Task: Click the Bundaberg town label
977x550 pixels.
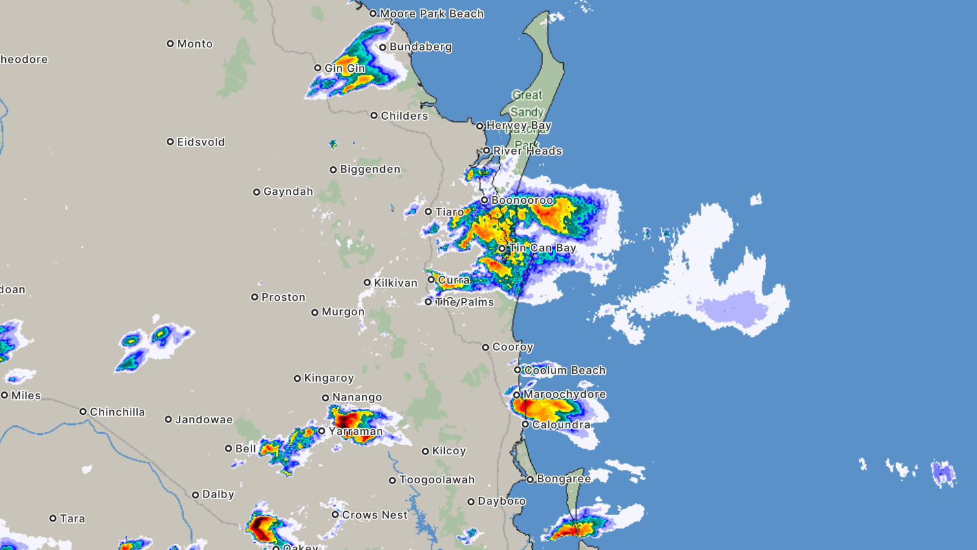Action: point(420,47)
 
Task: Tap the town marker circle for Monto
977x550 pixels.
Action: point(170,44)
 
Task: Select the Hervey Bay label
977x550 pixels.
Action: point(519,126)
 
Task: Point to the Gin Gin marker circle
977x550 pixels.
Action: point(317,68)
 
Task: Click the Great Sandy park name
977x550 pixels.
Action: point(526,104)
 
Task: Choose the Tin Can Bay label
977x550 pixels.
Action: point(542,248)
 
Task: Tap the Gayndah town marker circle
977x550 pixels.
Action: point(257,192)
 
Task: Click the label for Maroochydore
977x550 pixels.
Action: point(564,394)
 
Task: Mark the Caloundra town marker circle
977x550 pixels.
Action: point(525,424)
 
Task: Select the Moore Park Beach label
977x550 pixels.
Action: point(431,14)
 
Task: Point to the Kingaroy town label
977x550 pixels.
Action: point(328,378)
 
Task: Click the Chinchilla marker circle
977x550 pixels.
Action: point(83,412)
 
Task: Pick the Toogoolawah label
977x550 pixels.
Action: point(436,480)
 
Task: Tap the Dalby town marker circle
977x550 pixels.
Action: point(195,495)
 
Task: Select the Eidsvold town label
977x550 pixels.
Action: point(200,142)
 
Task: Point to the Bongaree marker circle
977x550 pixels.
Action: point(530,479)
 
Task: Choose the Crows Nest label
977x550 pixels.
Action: point(374,515)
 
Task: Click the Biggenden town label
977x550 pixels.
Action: point(370,170)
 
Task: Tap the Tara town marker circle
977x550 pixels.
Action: point(53,518)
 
